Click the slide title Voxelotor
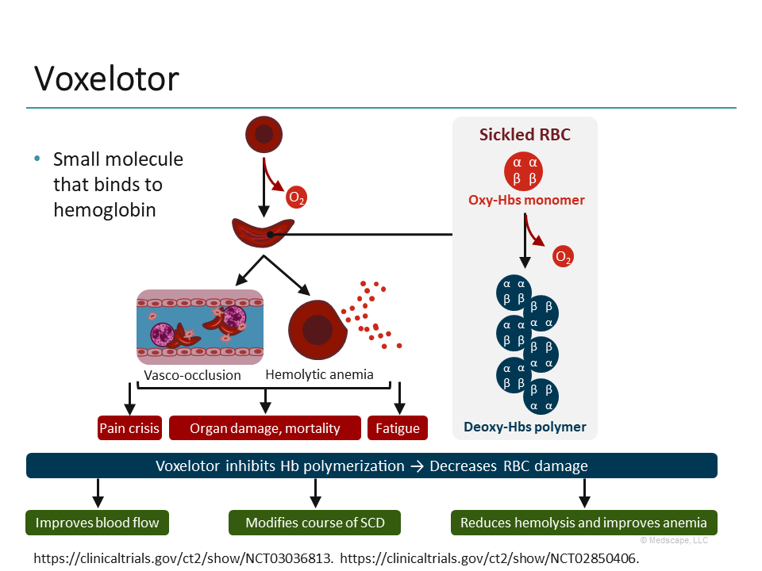coord(106,79)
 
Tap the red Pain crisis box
coord(129,428)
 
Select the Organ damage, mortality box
coord(264,428)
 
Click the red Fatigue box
coord(398,428)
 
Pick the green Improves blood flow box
coord(98,523)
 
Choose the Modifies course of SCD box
coord(314,523)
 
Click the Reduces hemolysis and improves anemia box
coord(583,523)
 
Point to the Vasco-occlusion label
coord(192,375)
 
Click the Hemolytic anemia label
coord(319,374)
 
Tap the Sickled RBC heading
coord(525,135)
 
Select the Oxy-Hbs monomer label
coord(526,200)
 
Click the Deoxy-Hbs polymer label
coord(525,427)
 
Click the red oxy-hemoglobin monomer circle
coord(524,171)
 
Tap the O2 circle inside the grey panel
coord(563,257)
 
